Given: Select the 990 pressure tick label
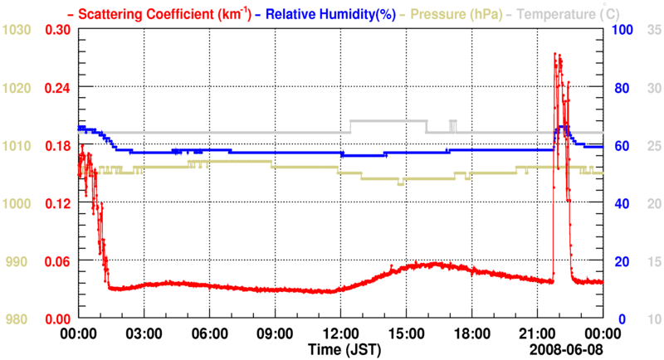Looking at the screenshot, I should point(19,261).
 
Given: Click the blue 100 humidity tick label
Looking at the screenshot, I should point(623,30).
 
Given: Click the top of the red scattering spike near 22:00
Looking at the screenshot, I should point(555,54).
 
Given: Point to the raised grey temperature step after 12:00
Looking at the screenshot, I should point(388,121).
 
